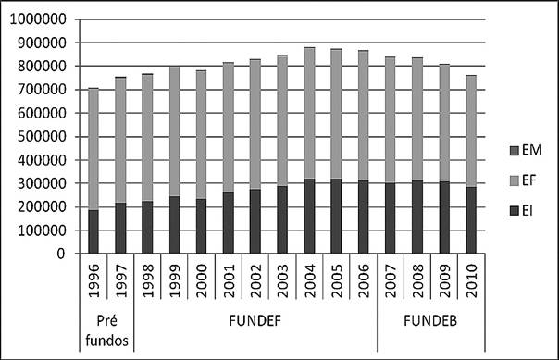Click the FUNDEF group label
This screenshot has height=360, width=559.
(255, 326)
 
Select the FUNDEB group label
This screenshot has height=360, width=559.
(429, 326)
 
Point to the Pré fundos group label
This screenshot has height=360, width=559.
(106, 333)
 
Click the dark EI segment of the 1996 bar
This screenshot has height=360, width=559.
(93, 231)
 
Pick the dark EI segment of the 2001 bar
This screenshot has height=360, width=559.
(228, 223)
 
